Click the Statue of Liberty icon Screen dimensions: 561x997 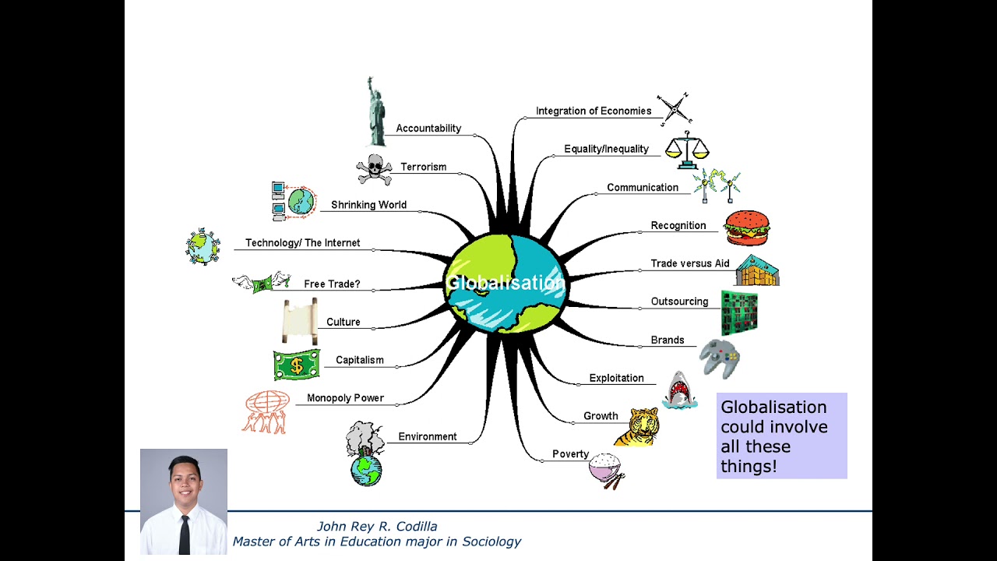(376, 113)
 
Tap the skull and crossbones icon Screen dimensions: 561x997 (374, 169)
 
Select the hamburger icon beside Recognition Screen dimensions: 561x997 (746, 228)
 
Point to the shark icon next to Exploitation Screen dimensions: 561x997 (679, 390)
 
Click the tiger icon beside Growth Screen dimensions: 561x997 (638, 426)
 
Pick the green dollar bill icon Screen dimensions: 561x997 (296, 365)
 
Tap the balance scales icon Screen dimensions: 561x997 (686, 150)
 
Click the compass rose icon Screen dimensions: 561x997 (674, 108)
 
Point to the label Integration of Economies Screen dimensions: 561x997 (594, 111)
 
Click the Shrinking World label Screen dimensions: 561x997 (368, 205)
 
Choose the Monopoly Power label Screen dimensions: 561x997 (345, 398)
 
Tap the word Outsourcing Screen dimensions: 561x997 (679, 302)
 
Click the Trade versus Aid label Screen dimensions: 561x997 (690, 263)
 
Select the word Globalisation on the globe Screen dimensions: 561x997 (505, 283)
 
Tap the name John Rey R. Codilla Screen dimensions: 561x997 (377, 526)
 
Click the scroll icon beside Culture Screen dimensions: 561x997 (300, 321)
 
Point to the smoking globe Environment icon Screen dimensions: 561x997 (365, 454)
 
